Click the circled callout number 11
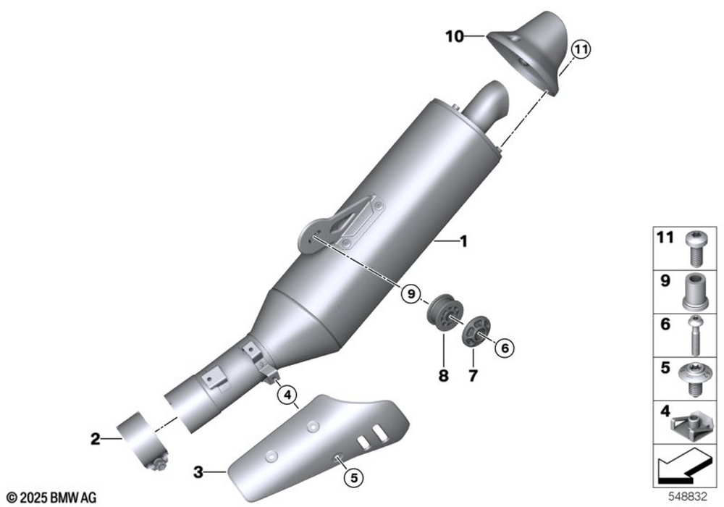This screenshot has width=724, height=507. (581, 49)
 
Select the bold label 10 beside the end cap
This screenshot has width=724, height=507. (455, 36)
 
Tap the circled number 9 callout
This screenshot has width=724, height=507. (411, 293)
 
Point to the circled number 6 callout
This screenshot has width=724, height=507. (505, 348)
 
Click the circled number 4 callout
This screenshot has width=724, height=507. (287, 395)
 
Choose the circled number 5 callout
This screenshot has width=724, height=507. (354, 478)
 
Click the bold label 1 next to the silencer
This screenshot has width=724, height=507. (464, 241)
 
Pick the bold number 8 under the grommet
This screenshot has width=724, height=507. (443, 377)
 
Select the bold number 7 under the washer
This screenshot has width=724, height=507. (473, 377)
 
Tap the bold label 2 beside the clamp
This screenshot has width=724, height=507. (95, 439)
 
